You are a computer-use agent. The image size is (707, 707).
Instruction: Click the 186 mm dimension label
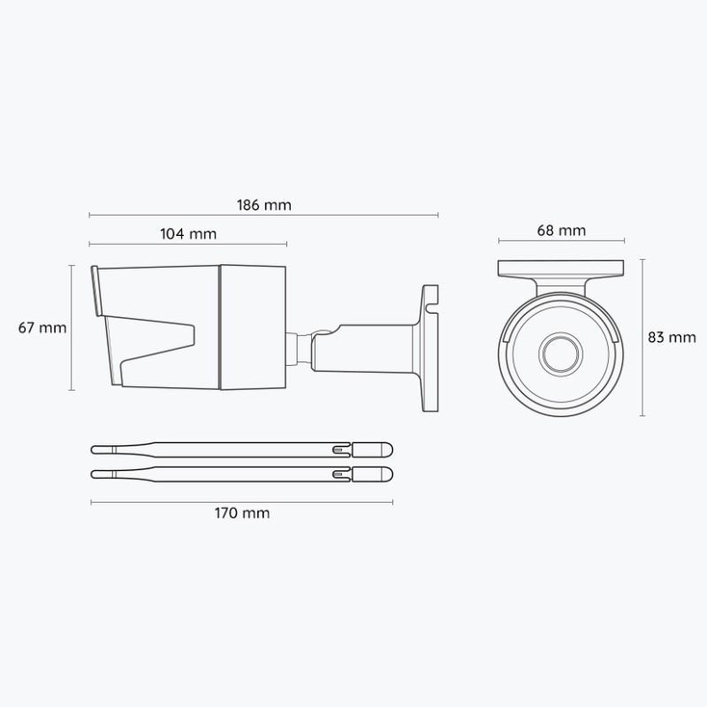tap(264, 204)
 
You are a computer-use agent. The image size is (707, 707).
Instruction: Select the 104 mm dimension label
tap(188, 234)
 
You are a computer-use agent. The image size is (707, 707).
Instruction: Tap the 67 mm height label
tap(42, 328)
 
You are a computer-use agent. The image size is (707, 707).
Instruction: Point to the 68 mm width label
tap(561, 231)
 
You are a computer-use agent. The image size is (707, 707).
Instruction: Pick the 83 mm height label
tap(672, 337)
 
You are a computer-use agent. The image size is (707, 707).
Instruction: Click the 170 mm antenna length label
tap(241, 513)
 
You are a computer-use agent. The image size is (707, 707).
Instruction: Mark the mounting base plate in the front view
tap(561, 269)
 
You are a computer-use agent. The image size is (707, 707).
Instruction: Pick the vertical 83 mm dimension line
tap(642, 337)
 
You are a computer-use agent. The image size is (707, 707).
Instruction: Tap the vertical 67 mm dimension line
tap(72, 328)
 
